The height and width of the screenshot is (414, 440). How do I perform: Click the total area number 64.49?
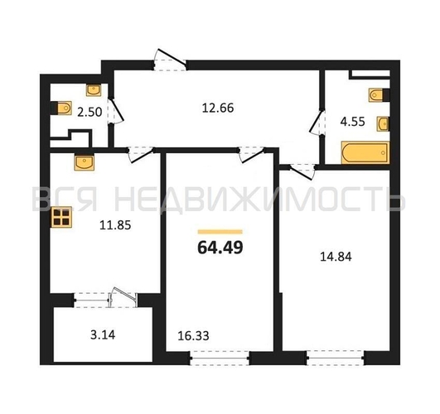[x=220, y=248]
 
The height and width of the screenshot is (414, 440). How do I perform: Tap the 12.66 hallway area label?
[x=218, y=108]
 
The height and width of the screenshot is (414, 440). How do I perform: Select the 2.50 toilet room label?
[x=89, y=113]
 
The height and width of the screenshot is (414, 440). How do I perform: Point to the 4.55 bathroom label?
[x=352, y=122]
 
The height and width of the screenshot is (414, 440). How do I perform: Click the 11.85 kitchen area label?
[x=115, y=225]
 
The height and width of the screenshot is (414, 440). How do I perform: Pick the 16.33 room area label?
[x=193, y=335]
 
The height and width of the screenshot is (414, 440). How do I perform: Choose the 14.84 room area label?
[x=336, y=257]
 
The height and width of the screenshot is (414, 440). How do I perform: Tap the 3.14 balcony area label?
[x=103, y=335]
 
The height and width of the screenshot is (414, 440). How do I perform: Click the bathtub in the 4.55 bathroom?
[x=365, y=153]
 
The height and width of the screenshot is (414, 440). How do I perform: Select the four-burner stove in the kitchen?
[x=62, y=217]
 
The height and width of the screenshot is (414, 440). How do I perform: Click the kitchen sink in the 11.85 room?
[x=85, y=161]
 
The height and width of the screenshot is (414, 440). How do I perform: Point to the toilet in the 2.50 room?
[x=61, y=108]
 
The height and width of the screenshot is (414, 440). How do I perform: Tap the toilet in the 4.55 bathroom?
[x=380, y=95]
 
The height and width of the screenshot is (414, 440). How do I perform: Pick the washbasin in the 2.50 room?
[x=94, y=89]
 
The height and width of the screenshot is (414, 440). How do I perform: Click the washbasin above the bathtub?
[x=383, y=123]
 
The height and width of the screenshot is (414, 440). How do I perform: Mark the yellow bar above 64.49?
[x=220, y=232]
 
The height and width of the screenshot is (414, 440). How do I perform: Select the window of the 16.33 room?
[x=220, y=358]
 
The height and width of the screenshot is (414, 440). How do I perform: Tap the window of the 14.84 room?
[x=336, y=358]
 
